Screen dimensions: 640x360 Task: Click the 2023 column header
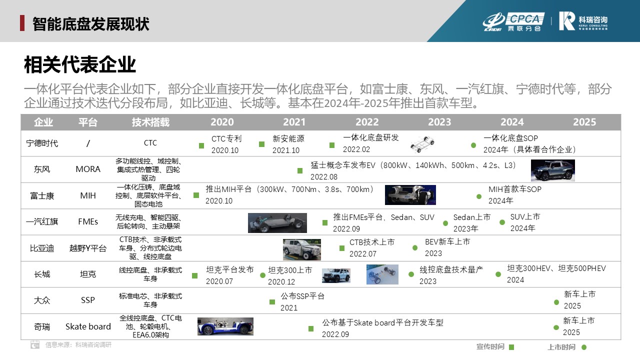pyautogui.click(x=439, y=122)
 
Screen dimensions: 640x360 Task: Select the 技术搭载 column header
pyautogui.click(x=150, y=122)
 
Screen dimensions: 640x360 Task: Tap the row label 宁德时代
pyautogui.click(x=42, y=143)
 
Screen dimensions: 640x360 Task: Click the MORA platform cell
pyautogui.click(x=88, y=169)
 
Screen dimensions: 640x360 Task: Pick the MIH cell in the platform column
pyautogui.click(x=88, y=195)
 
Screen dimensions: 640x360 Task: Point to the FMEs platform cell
pyautogui.click(x=88, y=221)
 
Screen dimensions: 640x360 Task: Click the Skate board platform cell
pyautogui.click(x=88, y=326)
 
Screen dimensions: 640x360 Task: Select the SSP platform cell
pyautogui.click(x=88, y=300)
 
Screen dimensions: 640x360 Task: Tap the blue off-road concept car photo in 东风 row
pyautogui.click(x=553, y=170)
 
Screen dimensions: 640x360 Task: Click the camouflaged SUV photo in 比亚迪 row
pyautogui.click(x=301, y=249)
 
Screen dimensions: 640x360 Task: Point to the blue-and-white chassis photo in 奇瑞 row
pyautogui.click(x=225, y=326)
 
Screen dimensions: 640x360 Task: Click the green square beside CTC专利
pyautogui.click(x=201, y=145)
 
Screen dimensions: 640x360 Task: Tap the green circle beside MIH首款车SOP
pyautogui.click(x=479, y=196)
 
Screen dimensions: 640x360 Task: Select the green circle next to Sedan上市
pyautogui.click(x=445, y=223)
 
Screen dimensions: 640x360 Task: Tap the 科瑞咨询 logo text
pyautogui.click(x=593, y=20)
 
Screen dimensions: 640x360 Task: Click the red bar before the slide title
pyautogui.click(x=22, y=23)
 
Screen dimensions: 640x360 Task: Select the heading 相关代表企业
pyautogui.click(x=79, y=64)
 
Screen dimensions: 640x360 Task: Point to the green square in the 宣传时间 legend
pyautogui.click(x=511, y=347)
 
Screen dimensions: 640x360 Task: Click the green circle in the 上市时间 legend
pyautogui.click(x=584, y=347)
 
